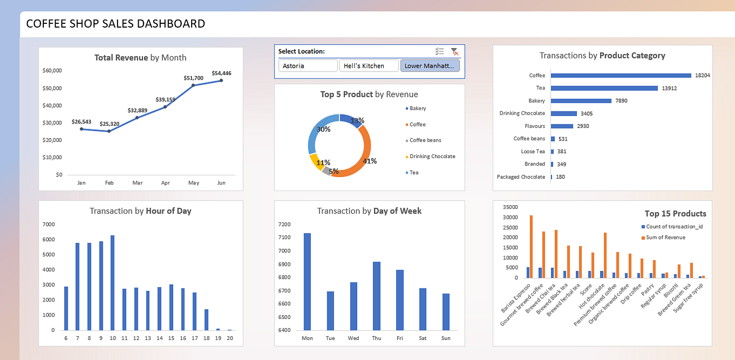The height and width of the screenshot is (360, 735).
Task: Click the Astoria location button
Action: tap(308, 66)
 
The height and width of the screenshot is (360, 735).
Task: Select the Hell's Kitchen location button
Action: tap(368, 66)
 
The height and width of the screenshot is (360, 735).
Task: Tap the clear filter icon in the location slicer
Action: tap(455, 51)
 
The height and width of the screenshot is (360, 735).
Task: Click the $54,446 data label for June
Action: tap(221, 73)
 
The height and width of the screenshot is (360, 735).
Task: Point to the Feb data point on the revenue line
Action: tap(109, 131)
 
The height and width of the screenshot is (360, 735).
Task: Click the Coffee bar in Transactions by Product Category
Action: tap(621, 75)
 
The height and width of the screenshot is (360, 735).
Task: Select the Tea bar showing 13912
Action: tap(604, 88)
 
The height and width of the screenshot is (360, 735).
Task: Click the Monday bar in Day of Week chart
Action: tap(307, 282)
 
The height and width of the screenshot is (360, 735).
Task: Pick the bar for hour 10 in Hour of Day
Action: tap(113, 283)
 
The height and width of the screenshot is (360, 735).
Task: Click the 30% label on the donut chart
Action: tap(324, 129)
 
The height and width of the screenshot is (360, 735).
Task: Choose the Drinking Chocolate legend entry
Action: tap(431, 156)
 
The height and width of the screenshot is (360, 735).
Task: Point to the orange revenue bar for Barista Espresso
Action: tap(531, 247)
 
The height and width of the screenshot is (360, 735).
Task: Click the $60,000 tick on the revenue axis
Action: tap(52, 70)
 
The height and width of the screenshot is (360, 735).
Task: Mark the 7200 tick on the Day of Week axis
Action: tap(284, 224)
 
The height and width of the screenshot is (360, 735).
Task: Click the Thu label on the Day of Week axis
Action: tap(376, 338)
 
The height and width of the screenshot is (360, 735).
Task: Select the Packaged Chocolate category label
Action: tap(521, 177)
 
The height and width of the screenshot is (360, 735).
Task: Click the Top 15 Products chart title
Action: tap(675, 214)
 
